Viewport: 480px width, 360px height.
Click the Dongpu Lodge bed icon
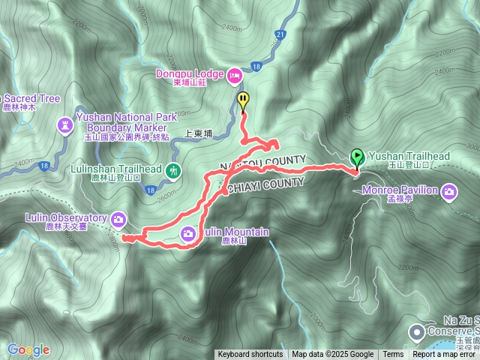(x=235, y=75)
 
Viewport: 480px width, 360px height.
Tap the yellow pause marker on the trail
(x=243, y=100)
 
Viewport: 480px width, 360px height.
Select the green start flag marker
(x=357, y=157)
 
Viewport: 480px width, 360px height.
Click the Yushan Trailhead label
(x=409, y=156)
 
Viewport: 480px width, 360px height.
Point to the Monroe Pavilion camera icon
(x=448, y=190)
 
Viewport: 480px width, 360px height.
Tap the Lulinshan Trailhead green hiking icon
(x=174, y=170)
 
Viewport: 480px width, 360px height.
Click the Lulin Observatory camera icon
(x=118, y=219)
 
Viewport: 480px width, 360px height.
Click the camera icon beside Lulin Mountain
(x=186, y=232)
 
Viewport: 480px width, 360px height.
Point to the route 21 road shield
(x=280, y=34)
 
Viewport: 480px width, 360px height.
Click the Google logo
(x=28, y=349)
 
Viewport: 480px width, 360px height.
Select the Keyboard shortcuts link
(x=250, y=355)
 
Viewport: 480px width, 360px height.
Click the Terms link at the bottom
(x=393, y=355)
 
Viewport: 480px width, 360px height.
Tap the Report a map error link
(x=443, y=355)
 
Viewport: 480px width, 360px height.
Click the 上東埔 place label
(x=199, y=133)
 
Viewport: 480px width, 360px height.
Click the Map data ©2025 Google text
(x=332, y=355)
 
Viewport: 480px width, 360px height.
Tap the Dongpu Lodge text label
(x=190, y=74)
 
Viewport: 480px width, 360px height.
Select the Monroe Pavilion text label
(x=406, y=190)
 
